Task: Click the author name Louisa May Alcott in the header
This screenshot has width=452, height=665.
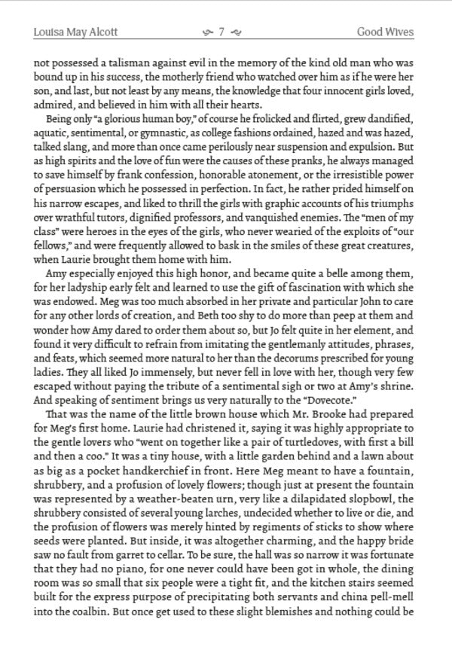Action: coord(76,32)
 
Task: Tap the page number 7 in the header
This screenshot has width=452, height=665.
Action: coord(222,32)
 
